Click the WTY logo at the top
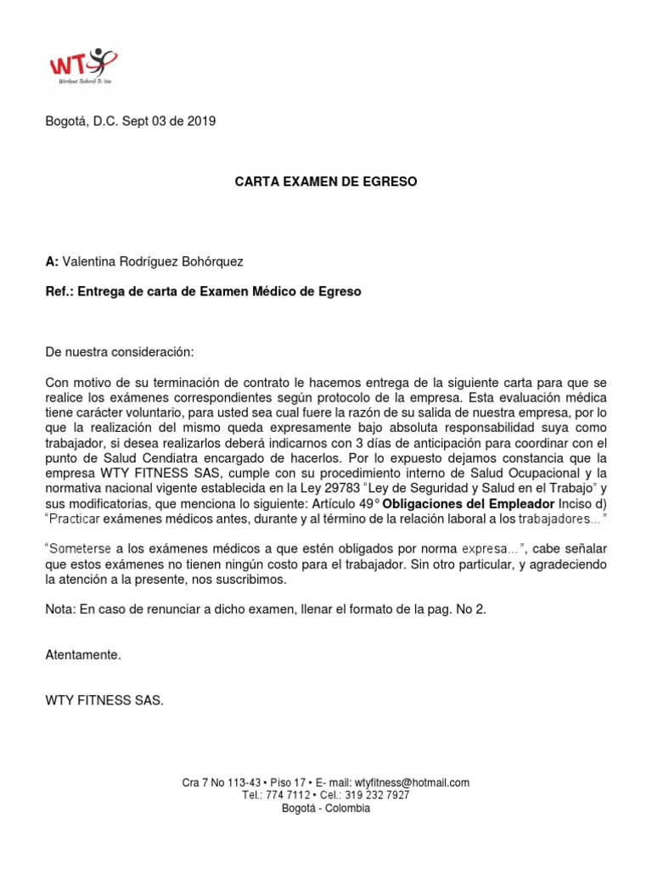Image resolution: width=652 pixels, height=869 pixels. point(82,65)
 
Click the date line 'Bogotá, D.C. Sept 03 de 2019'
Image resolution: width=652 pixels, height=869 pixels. point(130,121)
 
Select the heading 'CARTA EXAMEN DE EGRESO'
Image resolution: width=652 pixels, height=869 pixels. point(326,182)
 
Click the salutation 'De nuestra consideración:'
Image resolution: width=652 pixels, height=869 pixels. point(119,351)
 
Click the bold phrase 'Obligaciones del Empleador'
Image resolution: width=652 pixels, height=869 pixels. point(462,503)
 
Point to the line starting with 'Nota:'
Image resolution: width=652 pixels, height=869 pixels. point(265,609)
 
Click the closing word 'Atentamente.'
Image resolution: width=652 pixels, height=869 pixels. point(83,655)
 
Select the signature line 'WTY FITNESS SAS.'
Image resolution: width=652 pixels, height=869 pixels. point(104,700)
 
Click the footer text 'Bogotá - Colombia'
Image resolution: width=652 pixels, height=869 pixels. point(326,808)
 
